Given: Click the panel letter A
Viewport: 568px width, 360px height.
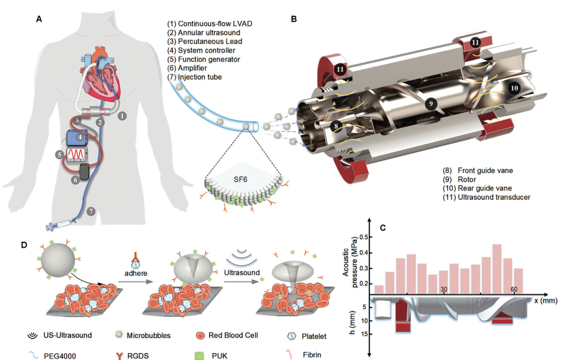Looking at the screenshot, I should tap(39, 19).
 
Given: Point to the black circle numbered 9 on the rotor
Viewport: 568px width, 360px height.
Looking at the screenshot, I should tap(431, 104).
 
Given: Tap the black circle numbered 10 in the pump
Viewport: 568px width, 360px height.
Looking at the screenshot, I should tap(514, 88).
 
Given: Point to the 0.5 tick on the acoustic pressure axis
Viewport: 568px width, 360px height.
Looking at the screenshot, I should tap(362, 237).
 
